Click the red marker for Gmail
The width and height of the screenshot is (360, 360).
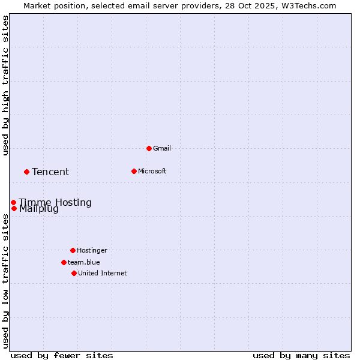coord(149,148)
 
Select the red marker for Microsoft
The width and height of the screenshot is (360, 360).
coord(134,171)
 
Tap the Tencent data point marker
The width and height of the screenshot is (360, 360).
coord(26,172)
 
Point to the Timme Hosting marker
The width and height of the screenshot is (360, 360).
coord(13,202)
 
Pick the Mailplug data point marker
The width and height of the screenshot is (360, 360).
coord(14,209)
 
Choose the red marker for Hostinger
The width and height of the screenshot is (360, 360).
coord(73,250)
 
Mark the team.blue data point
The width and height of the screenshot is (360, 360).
coord(64,262)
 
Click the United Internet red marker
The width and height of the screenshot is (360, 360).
coord(74,273)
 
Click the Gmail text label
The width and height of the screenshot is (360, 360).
coord(162,148)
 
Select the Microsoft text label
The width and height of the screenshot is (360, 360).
coord(152,171)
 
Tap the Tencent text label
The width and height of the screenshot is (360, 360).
coord(50,172)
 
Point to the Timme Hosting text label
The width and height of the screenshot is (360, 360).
coord(55,202)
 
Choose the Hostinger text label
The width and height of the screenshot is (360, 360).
coord(92,250)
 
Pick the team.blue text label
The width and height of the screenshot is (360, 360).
coord(84,262)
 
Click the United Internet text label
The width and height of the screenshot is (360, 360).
coord(103,273)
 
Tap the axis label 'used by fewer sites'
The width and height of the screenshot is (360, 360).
coord(62,355)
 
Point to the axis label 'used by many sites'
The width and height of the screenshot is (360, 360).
coord(301,355)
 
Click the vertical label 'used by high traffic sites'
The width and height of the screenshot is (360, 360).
coord(5,85)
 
